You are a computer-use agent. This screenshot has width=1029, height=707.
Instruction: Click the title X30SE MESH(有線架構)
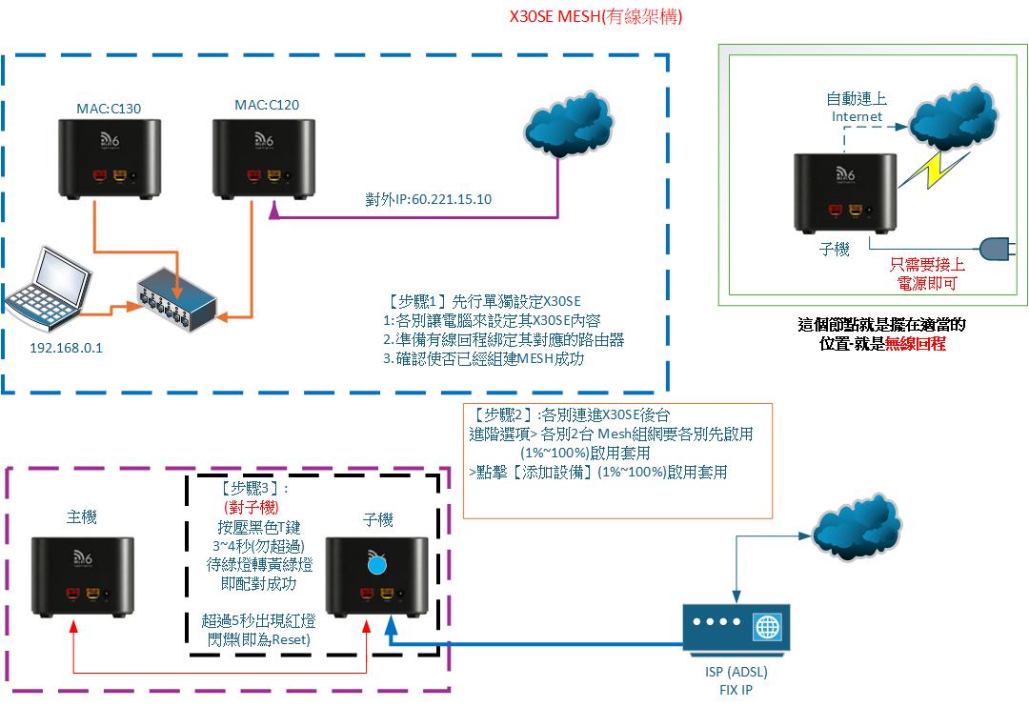(596, 17)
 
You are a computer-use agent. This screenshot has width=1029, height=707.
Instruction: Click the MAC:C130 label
(109, 109)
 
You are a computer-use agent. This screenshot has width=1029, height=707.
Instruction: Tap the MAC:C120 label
(267, 105)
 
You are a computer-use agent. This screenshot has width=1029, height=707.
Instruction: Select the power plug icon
(994, 249)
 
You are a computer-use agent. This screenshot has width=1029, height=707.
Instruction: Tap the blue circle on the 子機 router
(376, 566)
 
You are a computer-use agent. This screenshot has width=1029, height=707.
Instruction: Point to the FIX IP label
(733, 690)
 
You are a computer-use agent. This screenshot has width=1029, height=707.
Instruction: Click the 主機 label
(81, 517)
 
